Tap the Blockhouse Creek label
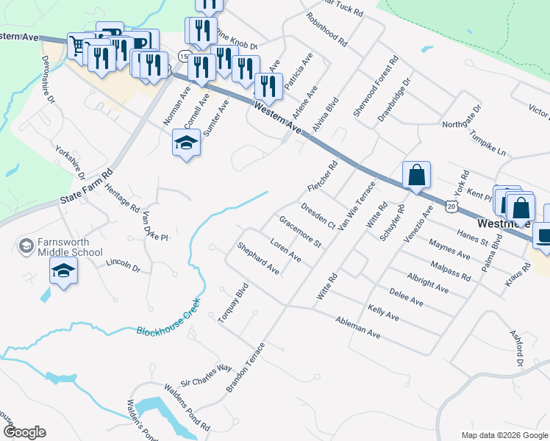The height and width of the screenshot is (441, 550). coord(168,321)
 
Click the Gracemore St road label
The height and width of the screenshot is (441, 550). coord(301,231)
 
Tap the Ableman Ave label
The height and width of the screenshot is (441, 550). coord(357,327)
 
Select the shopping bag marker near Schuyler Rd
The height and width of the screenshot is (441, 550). coord(416,176)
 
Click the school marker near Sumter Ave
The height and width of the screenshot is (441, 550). coord(186,143)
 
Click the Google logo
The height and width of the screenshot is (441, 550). coord(24,431)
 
